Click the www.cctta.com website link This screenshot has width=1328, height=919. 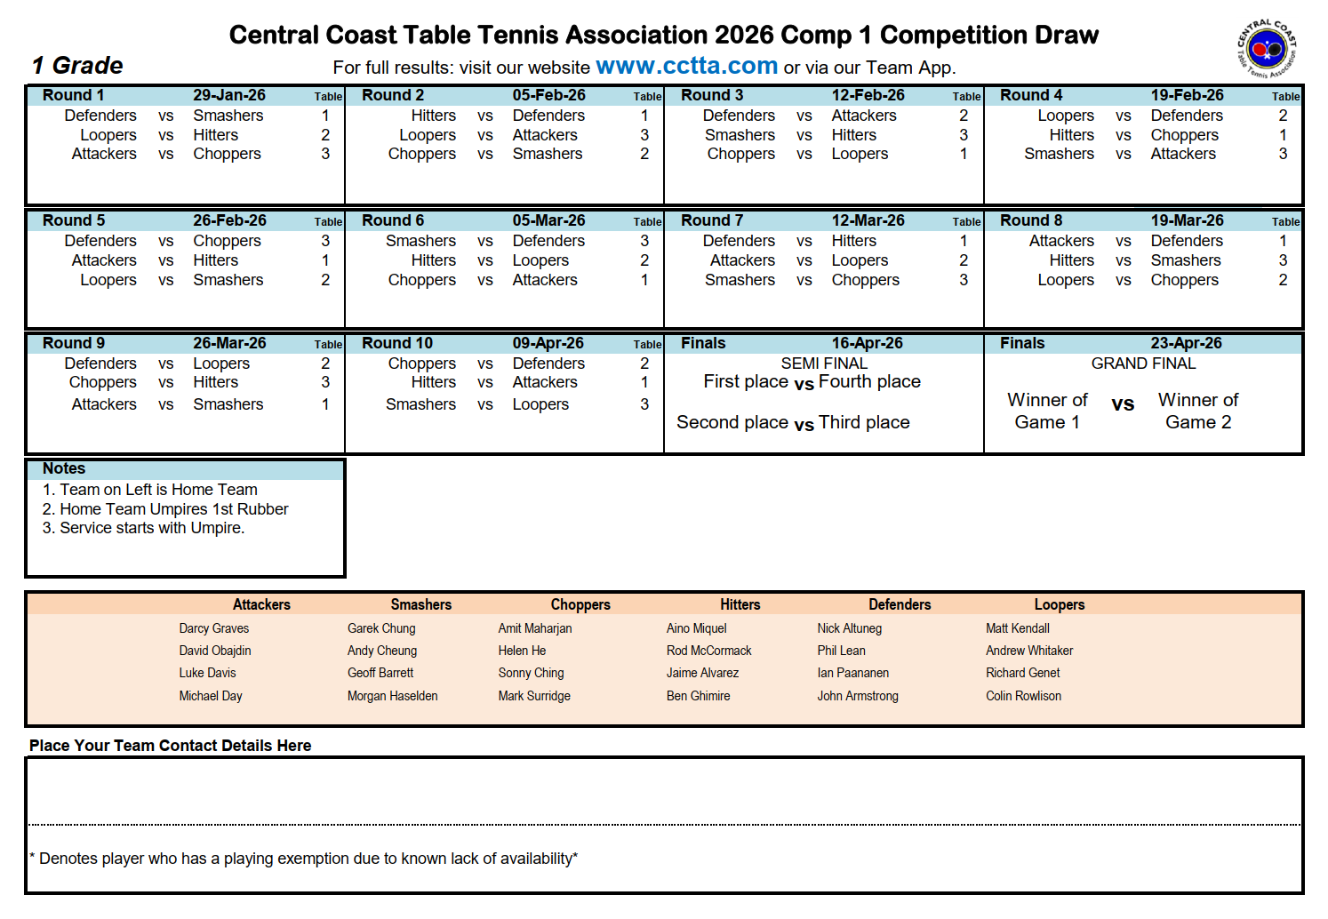686,66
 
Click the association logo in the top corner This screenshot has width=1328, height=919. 1267,49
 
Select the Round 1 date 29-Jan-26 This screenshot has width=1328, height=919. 229,95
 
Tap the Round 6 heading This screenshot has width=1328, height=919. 393,220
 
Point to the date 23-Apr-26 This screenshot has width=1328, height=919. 1186,343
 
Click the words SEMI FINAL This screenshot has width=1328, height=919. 824,364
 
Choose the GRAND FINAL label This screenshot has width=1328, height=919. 1143,364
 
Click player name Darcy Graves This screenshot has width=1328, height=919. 213,628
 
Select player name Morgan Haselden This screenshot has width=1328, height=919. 392,696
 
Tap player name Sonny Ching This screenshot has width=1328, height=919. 531,673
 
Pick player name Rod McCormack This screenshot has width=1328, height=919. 708,651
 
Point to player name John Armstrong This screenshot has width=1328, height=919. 858,696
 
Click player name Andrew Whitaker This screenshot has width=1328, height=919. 1029,651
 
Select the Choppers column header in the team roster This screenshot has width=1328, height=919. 580,604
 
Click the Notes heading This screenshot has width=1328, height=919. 64,468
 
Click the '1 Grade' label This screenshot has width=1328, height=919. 77,66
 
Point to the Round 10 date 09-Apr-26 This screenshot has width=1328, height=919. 548,343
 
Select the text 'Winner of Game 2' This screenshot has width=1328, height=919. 1198,411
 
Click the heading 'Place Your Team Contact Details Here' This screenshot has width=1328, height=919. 170,746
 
